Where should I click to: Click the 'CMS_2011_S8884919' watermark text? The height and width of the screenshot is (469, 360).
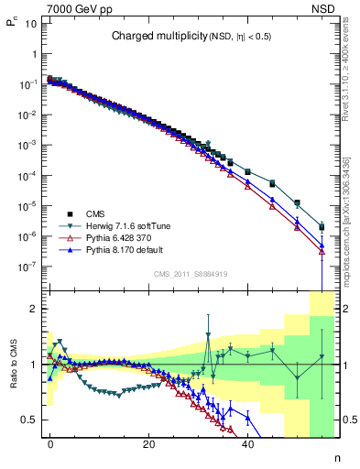[x=190, y=272]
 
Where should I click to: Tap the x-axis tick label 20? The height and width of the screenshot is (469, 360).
[x=148, y=442]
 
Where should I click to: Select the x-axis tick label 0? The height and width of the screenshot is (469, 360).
[x=50, y=442]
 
